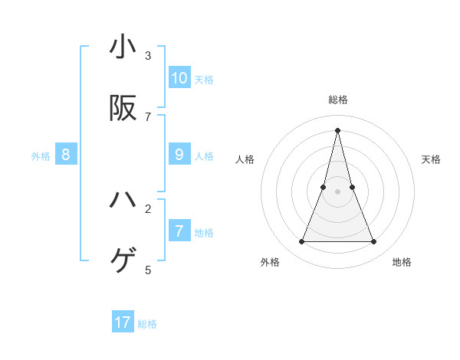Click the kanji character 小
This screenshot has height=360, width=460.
[x=123, y=47]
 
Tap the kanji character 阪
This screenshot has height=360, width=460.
[x=123, y=109]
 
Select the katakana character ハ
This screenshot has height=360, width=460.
[x=123, y=200]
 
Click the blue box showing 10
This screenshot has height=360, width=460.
[x=179, y=77]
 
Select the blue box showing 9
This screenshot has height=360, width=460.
[x=179, y=154]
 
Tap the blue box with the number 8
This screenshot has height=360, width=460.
[x=66, y=154]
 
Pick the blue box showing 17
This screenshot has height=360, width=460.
[x=123, y=322]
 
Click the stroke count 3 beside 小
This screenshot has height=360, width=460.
[x=148, y=55]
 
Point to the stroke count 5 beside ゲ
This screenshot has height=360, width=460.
[x=148, y=270]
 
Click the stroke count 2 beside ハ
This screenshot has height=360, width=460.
[x=148, y=208]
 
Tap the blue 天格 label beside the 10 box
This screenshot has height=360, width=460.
[x=204, y=79]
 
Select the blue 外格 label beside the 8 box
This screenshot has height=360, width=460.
[x=41, y=155]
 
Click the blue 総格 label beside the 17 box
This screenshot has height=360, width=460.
[x=147, y=324]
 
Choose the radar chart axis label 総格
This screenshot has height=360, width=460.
[x=338, y=100]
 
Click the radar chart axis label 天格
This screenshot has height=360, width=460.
[x=432, y=159]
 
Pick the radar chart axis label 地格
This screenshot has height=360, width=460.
[x=402, y=262]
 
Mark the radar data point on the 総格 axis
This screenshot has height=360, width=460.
[x=338, y=129]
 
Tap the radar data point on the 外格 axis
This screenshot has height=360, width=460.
[x=301, y=242]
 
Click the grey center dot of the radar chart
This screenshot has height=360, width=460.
[x=338, y=191]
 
